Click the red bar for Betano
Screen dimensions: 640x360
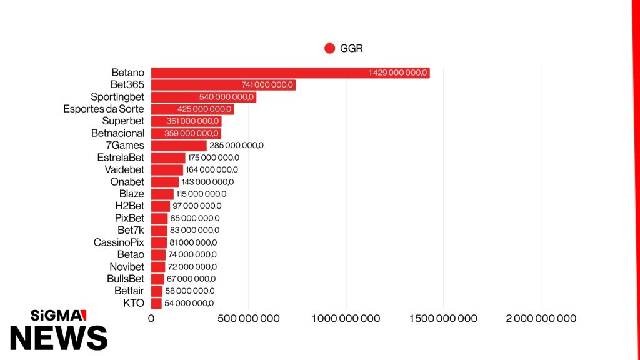(x=290, y=72)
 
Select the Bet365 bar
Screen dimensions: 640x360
(x=223, y=85)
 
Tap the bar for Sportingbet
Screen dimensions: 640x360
(x=204, y=97)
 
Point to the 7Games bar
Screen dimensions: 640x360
(x=179, y=145)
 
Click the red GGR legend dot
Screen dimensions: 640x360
(x=330, y=48)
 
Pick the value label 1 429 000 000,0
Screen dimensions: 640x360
(x=397, y=72)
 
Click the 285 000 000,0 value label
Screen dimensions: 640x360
(x=236, y=145)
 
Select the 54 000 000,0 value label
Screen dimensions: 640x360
(x=189, y=303)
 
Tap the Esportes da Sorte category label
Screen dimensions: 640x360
(x=104, y=109)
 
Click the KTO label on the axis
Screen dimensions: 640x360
(x=134, y=303)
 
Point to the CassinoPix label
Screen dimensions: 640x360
(x=119, y=242)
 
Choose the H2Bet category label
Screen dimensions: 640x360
(x=130, y=206)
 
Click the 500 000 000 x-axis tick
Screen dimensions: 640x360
(x=249, y=318)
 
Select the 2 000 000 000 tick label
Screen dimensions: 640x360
(x=541, y=318)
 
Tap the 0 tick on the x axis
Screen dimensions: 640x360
(x=151, y=318)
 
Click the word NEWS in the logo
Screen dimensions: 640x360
(x=59, y=338)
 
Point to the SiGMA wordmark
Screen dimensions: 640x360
(x=58, y=316)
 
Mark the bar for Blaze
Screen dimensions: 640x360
(x=162, y=194)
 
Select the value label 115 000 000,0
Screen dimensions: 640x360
(x=201, y=194)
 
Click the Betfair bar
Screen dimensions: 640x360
(x=157, y=291)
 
